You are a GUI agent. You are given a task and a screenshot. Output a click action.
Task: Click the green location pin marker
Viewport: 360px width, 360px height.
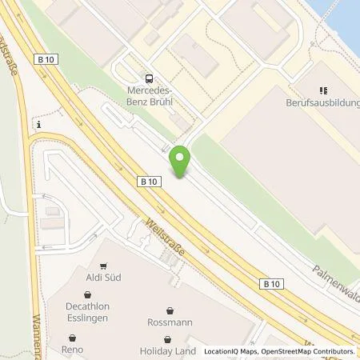coord(181,162)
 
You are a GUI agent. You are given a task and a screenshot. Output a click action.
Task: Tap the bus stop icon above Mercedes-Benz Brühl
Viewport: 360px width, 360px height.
coord(149,78)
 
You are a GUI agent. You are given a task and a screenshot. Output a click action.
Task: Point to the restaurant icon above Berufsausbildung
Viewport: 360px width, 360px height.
coord(323,90)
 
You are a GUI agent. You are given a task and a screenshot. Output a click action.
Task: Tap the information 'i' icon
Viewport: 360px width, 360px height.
coord(38,125)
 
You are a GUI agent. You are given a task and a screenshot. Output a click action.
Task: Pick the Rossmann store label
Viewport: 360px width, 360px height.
coord(170,323)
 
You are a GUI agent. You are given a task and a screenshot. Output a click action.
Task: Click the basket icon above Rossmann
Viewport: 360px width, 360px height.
coord(170,310)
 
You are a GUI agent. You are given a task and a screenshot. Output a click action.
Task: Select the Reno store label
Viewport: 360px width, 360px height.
coord(72,350)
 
